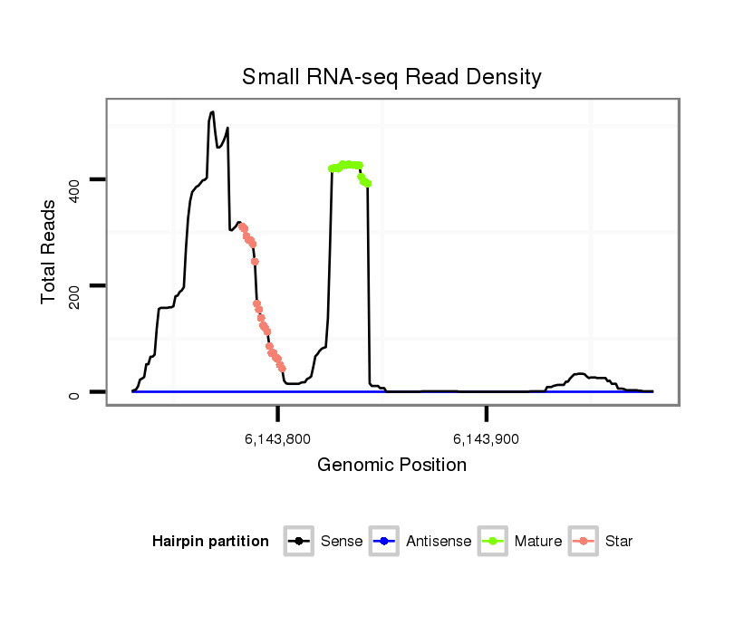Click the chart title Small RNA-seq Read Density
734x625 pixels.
[391, 77]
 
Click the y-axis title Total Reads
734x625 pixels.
[51, 252]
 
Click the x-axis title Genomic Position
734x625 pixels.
[391, 466]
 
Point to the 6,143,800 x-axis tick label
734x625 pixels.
[277, 439]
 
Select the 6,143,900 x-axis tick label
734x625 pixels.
[487, 439]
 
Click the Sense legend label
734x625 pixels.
[342, 542]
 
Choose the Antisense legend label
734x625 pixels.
[439, 542]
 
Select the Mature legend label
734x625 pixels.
[538, 542]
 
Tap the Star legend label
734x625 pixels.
[618, 542]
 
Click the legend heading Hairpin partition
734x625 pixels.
[210, 542]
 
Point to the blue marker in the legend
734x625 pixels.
[383, 542]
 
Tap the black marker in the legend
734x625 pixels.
[299, 542]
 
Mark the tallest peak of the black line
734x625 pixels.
[212, 112]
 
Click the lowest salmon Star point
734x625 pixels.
[282, 369]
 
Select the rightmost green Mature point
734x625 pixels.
[368, 184]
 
